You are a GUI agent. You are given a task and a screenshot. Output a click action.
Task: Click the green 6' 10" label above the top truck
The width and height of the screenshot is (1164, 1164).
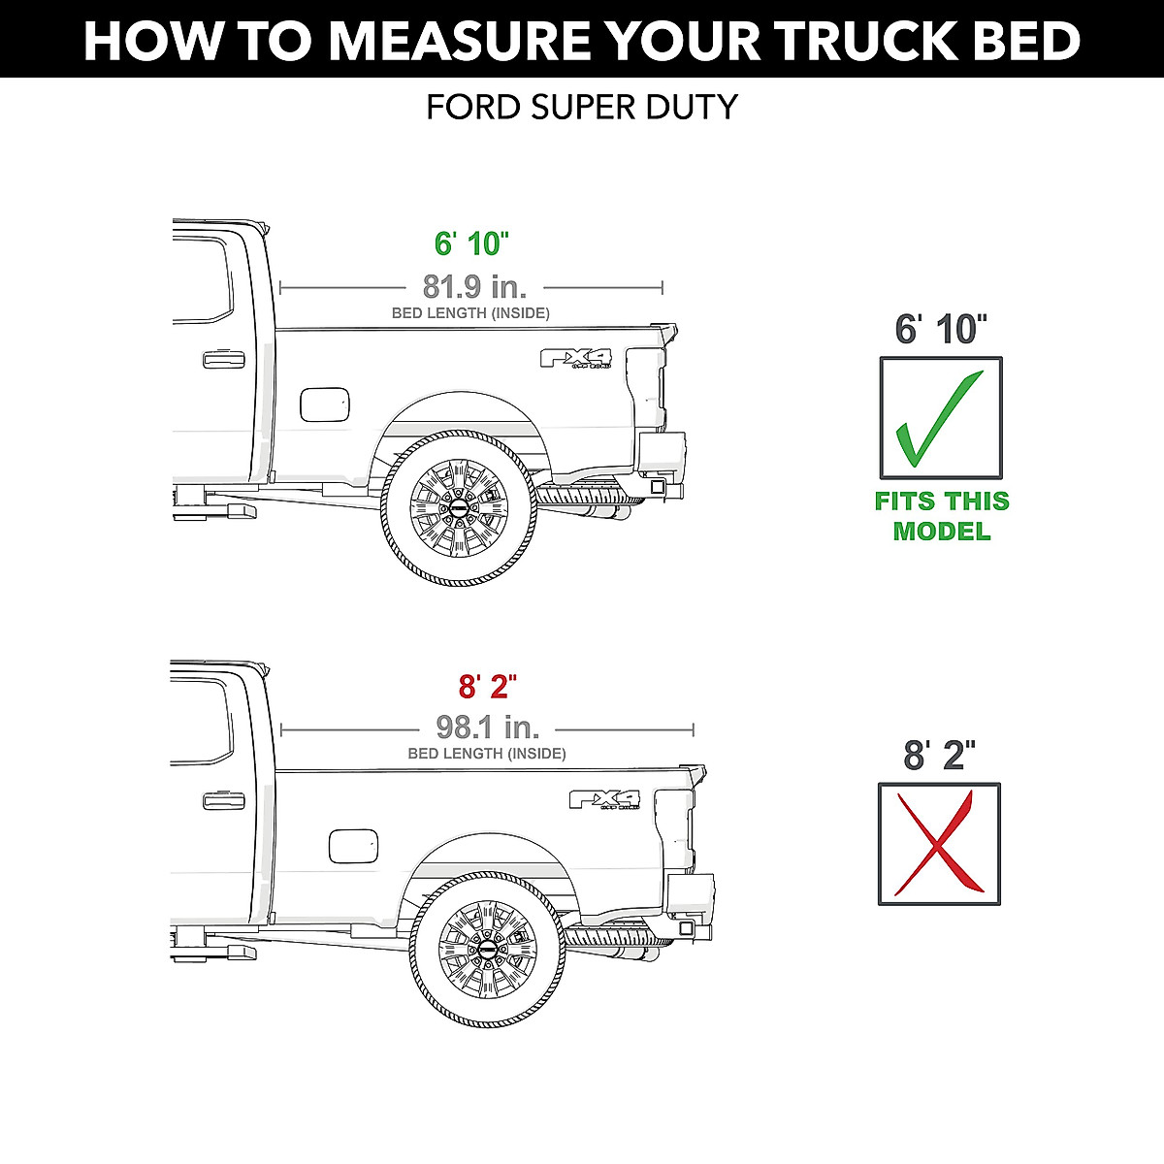471,243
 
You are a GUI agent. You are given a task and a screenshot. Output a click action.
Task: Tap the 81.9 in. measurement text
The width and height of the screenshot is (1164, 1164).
474,286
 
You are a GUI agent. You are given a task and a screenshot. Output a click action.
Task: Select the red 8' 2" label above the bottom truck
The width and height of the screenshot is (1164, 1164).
487,687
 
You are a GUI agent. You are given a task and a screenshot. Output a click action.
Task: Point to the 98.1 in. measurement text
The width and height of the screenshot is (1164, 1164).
487,727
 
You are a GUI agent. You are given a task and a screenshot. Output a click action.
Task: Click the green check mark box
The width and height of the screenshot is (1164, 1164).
940,417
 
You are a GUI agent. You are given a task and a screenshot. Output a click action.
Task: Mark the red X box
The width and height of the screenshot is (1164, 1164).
938,844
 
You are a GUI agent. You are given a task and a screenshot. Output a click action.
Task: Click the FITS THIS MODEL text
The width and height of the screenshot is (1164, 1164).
941,516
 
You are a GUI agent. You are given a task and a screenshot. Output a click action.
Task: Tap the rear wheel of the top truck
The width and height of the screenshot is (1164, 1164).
458,508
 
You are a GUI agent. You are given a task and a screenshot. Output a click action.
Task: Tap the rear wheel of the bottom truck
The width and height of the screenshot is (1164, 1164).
487,950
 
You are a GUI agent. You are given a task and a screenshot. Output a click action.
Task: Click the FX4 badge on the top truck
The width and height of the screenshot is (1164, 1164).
576,359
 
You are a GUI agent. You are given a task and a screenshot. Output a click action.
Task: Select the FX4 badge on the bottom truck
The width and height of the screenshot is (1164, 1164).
604,799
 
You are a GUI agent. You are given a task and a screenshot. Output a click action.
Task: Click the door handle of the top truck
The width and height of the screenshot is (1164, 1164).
223,360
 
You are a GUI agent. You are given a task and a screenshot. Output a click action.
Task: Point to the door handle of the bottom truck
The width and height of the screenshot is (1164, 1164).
223,800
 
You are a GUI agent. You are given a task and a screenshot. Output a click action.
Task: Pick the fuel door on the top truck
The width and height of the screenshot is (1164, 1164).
324,404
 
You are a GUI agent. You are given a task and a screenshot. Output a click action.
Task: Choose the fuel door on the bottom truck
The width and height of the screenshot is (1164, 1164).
353,846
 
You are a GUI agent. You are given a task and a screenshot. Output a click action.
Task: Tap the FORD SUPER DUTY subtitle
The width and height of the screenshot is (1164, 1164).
582,107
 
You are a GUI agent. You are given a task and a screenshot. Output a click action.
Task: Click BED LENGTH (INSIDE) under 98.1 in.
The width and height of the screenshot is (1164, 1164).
487,754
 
